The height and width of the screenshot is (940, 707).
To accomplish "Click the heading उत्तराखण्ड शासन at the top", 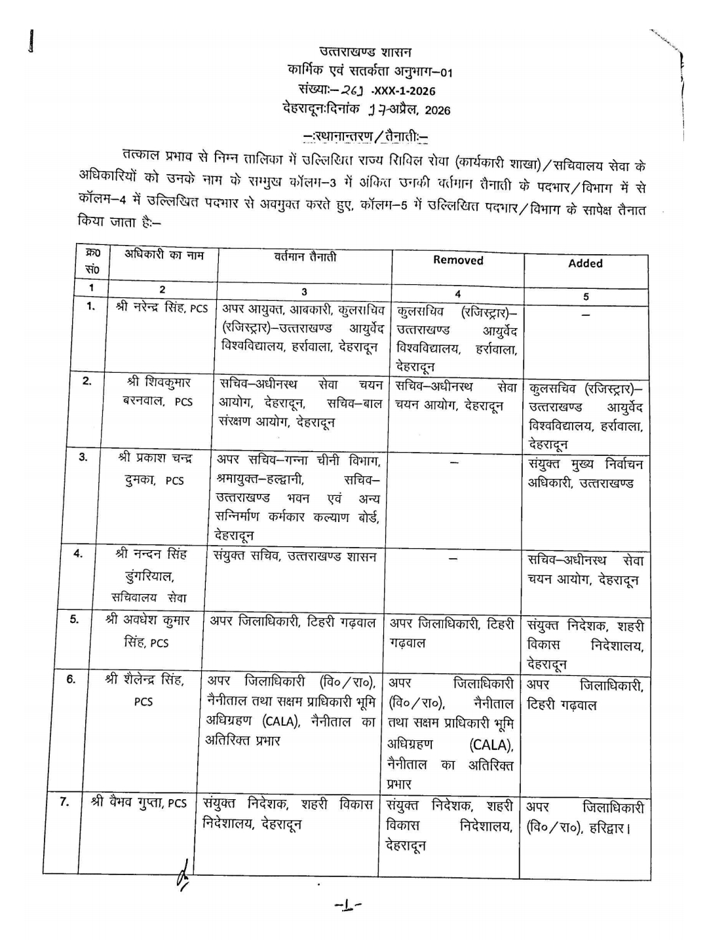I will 366,52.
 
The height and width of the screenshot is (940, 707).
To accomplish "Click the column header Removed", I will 458,260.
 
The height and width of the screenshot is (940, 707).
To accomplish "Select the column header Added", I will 585,263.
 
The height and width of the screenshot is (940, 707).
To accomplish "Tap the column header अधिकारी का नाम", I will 164,255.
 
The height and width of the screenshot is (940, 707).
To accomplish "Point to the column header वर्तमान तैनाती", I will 305,257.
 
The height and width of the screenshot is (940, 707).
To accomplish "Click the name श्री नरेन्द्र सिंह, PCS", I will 161,307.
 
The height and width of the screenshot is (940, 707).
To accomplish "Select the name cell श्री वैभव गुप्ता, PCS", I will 139,802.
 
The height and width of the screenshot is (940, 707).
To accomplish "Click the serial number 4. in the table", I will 78,554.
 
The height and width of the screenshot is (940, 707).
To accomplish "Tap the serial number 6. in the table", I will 71,679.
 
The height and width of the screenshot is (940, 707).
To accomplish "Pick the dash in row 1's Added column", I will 585,315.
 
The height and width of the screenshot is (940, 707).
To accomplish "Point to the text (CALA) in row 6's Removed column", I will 491,745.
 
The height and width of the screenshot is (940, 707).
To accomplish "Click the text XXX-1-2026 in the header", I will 404,91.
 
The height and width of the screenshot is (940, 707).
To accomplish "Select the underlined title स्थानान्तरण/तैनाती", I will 366,136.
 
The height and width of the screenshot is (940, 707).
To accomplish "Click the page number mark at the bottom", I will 348,907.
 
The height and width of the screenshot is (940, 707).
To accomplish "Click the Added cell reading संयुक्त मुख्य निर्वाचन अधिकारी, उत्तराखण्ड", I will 585,474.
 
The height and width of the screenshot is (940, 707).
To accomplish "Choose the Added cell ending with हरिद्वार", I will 585,818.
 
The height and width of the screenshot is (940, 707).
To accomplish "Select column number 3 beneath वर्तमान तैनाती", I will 304,292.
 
